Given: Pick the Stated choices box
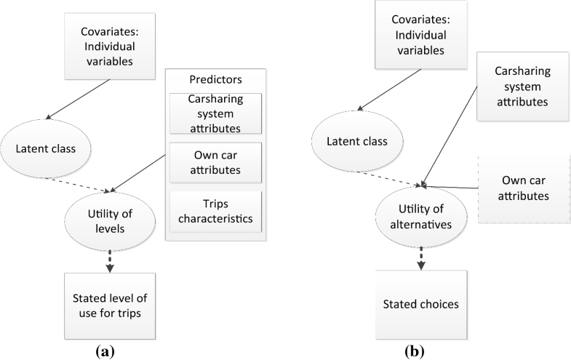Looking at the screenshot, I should (x=420, y=303).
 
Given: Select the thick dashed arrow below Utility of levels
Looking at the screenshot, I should (x=111, y=261).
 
